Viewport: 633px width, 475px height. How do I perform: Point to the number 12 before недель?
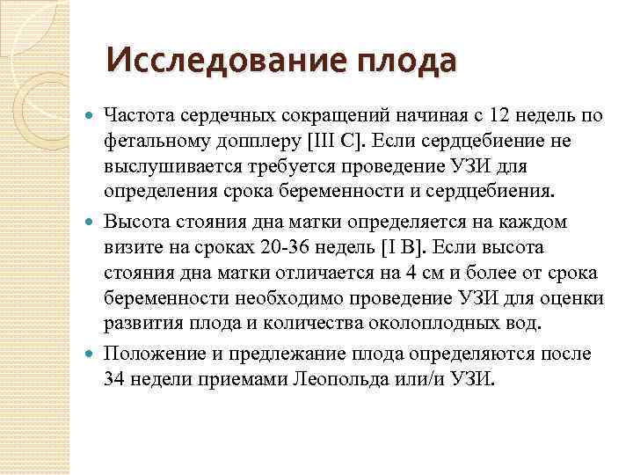(500, 114)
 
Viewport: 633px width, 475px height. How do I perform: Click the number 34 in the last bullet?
(114, 379)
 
